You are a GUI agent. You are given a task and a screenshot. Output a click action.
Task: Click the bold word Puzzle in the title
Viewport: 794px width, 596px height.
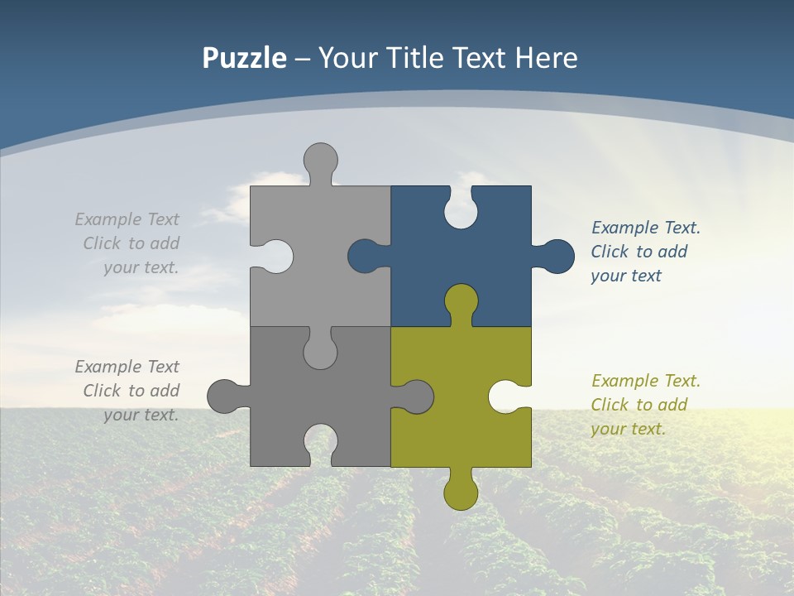click(244, 58)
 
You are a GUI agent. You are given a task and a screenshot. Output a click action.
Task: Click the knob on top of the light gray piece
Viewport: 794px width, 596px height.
click(321, 160)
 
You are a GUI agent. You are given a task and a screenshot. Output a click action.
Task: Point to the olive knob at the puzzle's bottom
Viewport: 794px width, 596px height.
click(461, 492)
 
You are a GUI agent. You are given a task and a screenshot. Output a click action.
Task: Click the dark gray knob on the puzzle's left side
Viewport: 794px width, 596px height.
click(224, 396)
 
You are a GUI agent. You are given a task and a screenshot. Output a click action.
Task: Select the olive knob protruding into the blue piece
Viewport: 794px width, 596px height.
click(461, 301)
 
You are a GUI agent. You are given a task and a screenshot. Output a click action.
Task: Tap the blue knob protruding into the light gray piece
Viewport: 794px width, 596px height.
click(365, 257)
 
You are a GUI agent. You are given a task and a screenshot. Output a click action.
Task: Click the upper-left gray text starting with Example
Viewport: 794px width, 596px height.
click(128, 243)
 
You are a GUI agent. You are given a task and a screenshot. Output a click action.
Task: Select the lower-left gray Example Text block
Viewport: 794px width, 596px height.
click(128, 391)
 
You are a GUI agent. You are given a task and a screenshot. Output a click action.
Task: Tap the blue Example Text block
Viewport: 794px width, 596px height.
click(645, 252)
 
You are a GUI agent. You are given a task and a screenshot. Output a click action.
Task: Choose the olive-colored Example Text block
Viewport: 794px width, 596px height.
click(645, 405)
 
